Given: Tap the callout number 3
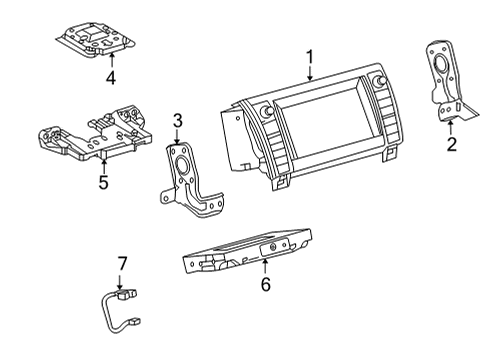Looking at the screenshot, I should [177, 122].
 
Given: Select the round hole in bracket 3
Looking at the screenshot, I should [183, 167].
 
